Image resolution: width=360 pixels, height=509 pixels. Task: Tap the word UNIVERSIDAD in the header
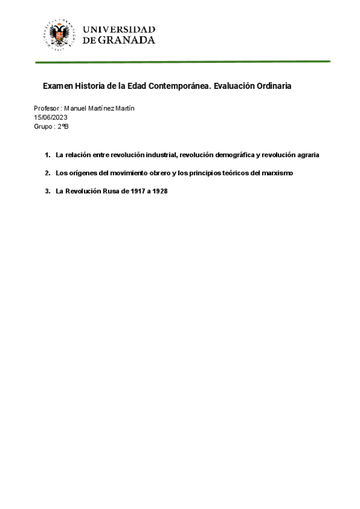click(x=119, y=29)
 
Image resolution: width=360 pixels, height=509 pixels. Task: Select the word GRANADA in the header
click(x=125, y=40)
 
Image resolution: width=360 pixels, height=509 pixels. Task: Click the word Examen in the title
click(x=58, y=86)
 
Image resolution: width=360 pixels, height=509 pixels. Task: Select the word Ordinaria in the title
click(x=271, y=86)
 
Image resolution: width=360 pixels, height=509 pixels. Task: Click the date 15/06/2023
click(x=50, y=117)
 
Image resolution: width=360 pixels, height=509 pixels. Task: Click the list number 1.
click(x=47, y=155)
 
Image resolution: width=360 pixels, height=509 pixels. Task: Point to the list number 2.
click(x=47, y=173)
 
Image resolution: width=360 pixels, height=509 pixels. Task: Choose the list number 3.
click(x=47, y=191)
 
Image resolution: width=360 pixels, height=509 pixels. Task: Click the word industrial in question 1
click(x=155, y=155)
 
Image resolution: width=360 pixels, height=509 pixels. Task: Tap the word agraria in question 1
click(x=306, y=155)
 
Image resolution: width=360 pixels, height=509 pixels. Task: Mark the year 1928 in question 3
click(x=159, y=191)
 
